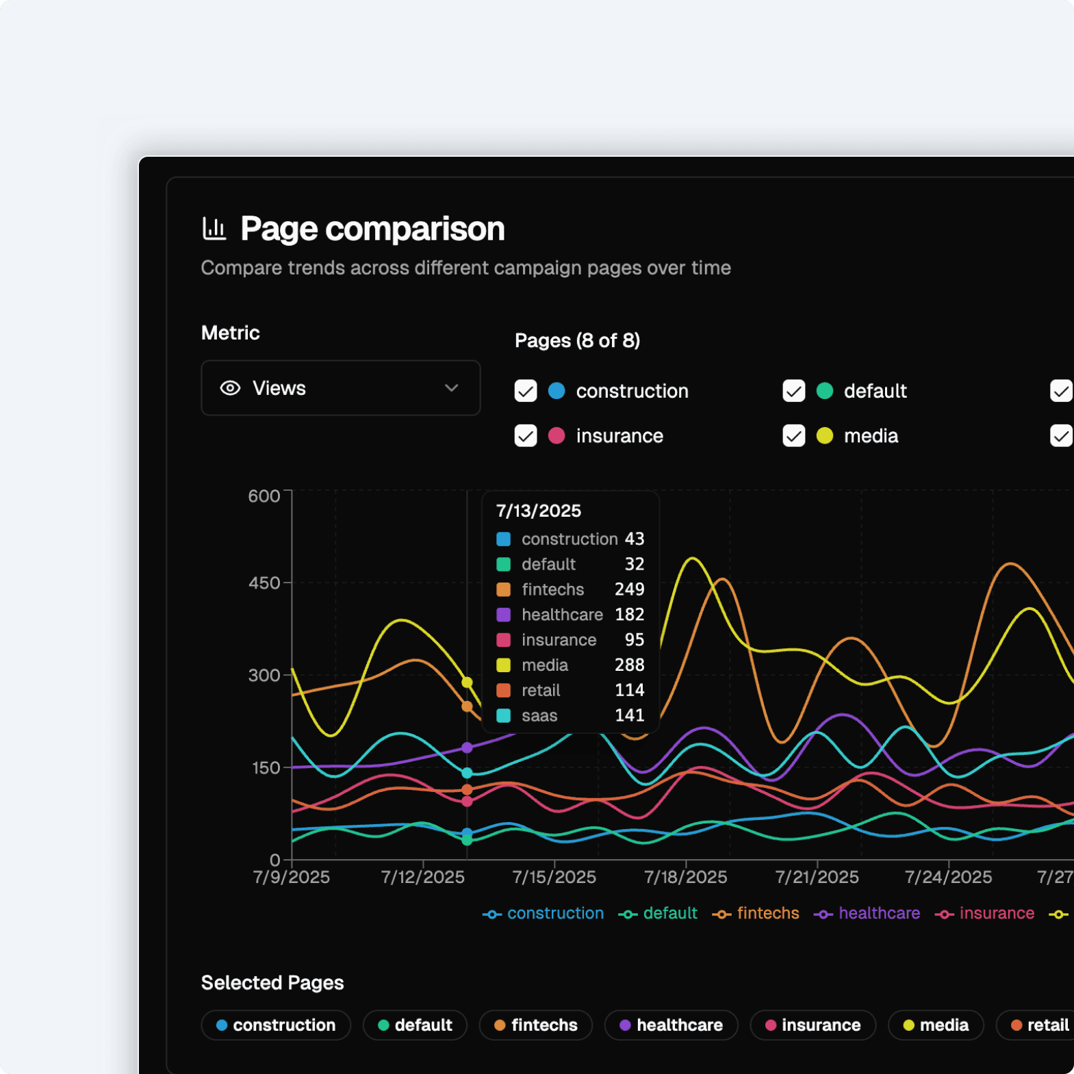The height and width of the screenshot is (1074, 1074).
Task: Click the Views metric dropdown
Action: [x=340, y=388]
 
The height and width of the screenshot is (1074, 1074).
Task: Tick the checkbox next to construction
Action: [x=526, y=391]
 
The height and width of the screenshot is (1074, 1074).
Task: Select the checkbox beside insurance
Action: [x=526, y=436]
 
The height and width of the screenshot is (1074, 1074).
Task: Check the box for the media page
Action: [x=793, y=436]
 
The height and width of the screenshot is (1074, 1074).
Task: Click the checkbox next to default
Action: [x=793, y=391]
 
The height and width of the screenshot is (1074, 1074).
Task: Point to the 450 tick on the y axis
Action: [x=264, y=583]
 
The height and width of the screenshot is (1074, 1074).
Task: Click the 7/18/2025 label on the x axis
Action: [x=685, y=877]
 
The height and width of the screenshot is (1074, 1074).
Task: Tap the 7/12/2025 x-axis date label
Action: [x=422, y=877]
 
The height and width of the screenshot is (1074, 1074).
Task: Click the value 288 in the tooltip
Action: [x=629, y=665]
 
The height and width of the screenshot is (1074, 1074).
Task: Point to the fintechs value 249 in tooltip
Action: [x=629, y=589]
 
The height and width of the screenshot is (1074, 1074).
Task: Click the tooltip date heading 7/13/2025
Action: [x=538, y=511]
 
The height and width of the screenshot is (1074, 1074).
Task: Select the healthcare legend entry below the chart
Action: [x=867, y=913]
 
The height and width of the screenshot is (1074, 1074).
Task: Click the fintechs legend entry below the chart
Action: [x=756, y=913]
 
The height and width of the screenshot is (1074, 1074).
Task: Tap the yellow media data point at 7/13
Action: [x=467, y=682]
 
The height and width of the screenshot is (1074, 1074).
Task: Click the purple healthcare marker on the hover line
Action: [x=467, y=747]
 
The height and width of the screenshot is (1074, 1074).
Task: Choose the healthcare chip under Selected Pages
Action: [x=671, y=1025]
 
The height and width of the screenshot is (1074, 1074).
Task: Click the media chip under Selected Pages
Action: [x=936, y=1025]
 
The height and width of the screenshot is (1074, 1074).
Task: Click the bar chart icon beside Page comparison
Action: [x=214, y=229]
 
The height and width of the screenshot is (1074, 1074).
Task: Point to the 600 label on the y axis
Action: [x=264, y=496]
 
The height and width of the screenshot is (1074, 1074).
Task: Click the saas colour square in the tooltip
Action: [x=503, y=715]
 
